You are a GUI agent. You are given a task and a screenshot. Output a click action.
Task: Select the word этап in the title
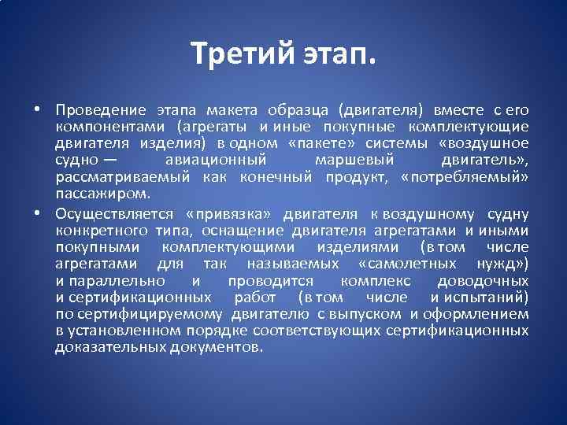pyautogui.click(x=339, y=54)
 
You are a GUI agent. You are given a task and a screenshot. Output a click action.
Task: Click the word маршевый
pyautogui.click(x=350, y=160)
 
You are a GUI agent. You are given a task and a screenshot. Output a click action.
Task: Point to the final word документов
pyautogui.click(x=215, y=347)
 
